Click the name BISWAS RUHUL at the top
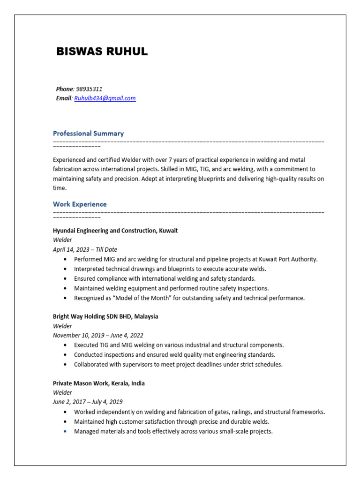point(102,52)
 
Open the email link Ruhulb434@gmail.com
point(105,98)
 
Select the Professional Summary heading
point(88,134)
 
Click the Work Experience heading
point(80,204)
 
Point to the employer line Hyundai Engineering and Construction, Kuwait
point(115,231)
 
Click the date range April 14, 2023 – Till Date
point(85,249)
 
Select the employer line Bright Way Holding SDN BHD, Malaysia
point(105,316)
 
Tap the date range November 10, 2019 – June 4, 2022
point(98,335)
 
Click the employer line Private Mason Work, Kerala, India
point(98,383)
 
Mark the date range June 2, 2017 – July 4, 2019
point(88,402)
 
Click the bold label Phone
point(65,89)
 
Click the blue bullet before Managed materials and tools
point(64,432)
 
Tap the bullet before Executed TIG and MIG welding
point(64,345)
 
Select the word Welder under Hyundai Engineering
point(62,240)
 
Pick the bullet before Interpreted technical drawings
point(64,269)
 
